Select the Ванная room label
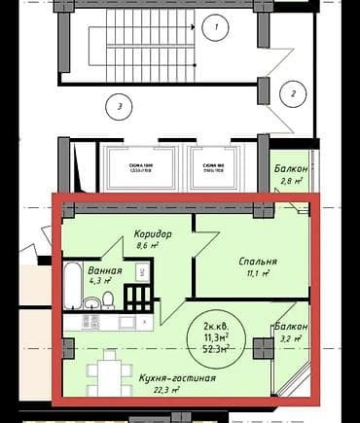click(104, 270)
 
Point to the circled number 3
click(118, 105)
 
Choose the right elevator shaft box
click(216, 166)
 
